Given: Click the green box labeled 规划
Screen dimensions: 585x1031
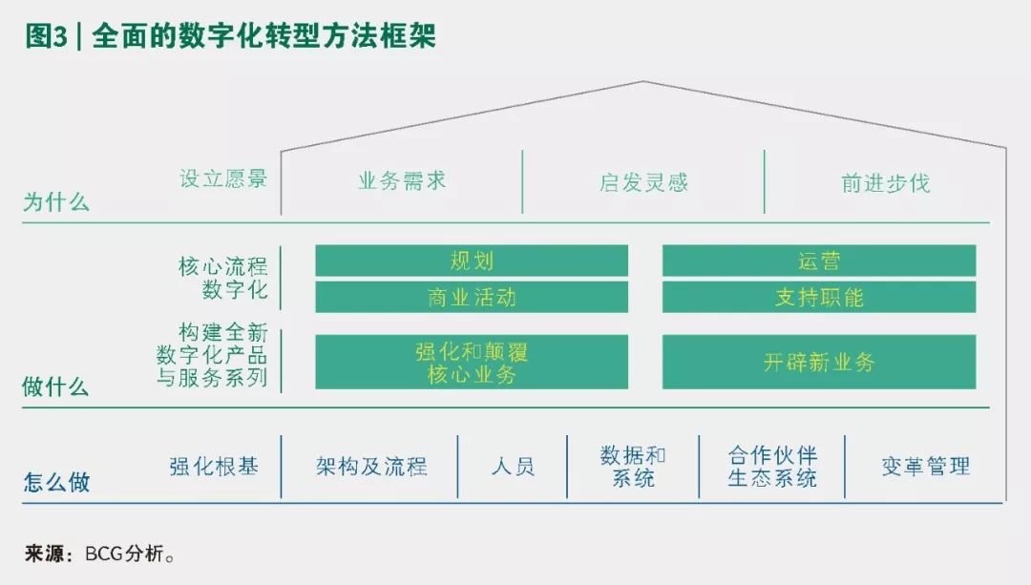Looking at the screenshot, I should click(x=472, y=261).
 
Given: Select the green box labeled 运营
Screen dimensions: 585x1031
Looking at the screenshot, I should click(x=818, y=261).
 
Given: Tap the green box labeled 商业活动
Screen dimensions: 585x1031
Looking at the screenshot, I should click(x=472, y=297).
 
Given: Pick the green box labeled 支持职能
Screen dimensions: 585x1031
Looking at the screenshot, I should click(x=818, y=297).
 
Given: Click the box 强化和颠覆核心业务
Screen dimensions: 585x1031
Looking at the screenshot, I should click(x=472, y=362).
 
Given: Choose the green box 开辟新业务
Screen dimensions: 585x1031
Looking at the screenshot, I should click(x=818, y=362).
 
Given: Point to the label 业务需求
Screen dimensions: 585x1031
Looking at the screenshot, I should click(x=402, y=180).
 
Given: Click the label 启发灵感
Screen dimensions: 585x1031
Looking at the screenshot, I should click(x=643, y=182).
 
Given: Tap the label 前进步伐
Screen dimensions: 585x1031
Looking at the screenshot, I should click(x=885, y=182).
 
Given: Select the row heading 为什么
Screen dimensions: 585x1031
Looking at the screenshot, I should click(x=56, y=202).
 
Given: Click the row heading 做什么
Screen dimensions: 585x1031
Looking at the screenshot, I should click(x=56, y=387).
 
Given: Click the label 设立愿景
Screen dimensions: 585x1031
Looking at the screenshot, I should click(x=223, y=178).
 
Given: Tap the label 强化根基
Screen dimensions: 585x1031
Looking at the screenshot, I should click(x=214, y=467).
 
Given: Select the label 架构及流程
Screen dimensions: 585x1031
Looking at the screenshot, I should click(x=371, y=467).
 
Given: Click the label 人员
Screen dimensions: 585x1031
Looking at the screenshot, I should click(x=513, y=467).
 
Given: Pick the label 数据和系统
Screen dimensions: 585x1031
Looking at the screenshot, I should click(x=633, y=467).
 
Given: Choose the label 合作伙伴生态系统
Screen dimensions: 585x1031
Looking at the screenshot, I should click(x=772, y=467).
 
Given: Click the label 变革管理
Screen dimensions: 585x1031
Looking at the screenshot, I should click(x=925, y=467).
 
